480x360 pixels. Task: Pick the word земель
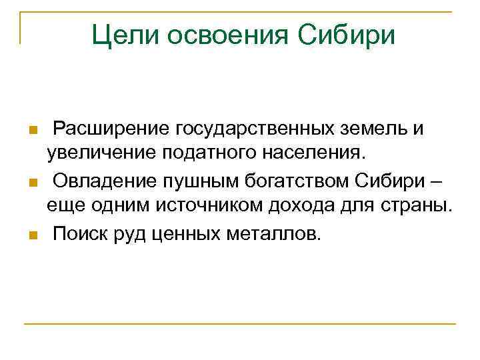pyautogui.click(x=377, y=127)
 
